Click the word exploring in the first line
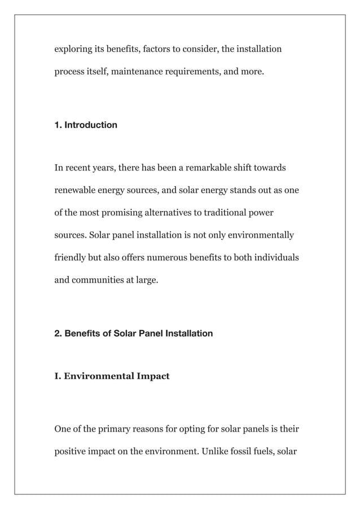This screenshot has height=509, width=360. click(x=72, y=49)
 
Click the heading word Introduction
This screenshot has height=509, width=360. click(x=91, y=125)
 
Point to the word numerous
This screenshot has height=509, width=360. click(x=168, y=257)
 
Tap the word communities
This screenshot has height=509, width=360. click(x=96, y=279)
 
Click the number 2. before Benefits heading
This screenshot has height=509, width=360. click(x=58, y=334)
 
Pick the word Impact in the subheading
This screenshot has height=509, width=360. click(x=151, y=376)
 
